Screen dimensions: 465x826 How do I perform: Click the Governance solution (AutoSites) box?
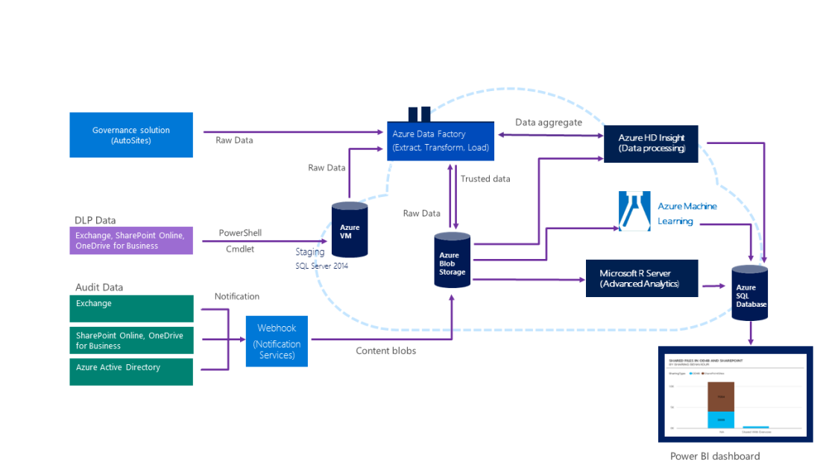[x=131, y=135]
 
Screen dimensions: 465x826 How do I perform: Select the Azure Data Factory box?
[x=441, y=140]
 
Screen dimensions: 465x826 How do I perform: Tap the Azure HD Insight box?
[x=651, y=143]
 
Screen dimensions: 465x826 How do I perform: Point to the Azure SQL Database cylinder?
[x=749, y=293]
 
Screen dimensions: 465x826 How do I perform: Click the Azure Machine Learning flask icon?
[x=634, y=211]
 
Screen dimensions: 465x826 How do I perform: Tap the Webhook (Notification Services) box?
[x=277, y=341]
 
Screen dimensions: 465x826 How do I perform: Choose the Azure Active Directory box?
[x=131, y=372]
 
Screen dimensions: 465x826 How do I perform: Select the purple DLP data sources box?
[x=131, y=240]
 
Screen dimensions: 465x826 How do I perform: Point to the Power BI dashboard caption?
[x=715, y=456]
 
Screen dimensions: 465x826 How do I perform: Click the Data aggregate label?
[x=549, y=122]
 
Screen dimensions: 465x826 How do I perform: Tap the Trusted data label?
[x=485, y=178]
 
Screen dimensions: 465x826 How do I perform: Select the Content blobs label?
[x=385, y=351]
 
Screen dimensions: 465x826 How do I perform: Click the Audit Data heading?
[x=99, y=287]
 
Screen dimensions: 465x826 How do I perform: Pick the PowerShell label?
[x=240, y=233]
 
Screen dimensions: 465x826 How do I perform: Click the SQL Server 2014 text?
[x=322, y=266]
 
